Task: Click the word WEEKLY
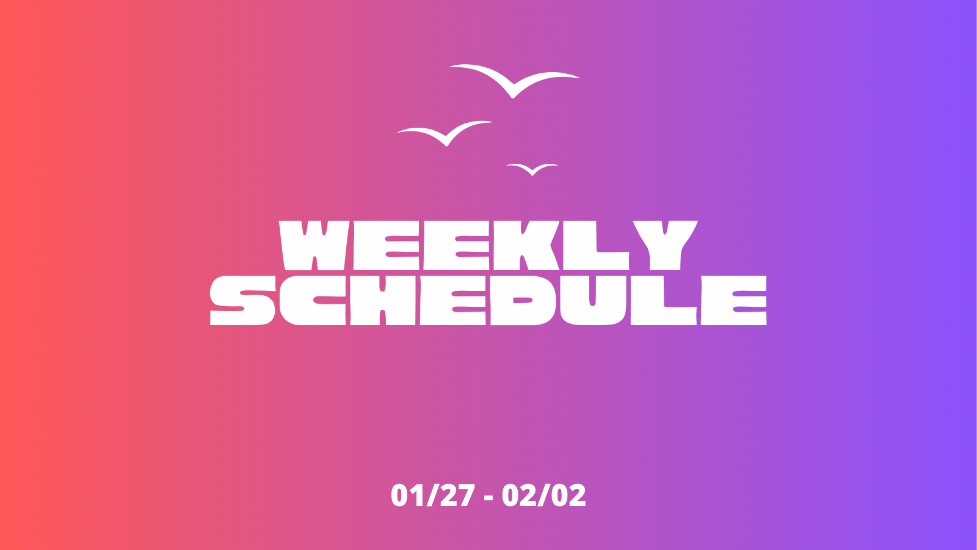click(x=488, y=245)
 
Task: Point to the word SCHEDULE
click(x=488, y=300)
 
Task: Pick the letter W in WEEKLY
click(x=314, y=245)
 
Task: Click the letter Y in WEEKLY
click(x=665, y=245)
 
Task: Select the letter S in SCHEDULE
click(x=242, y=300)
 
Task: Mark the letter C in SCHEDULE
click(x=312, y=300)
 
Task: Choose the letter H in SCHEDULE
click(x=382, y=300)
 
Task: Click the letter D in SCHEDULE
click(x=523, y=300)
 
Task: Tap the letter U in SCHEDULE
click(x=594, y=300)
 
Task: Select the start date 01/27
click(x=433, y=496)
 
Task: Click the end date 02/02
click(x=544, y=496)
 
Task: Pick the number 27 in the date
click(x=457, y=496)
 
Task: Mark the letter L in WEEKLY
click(x=596, y=245)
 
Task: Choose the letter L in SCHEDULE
click(x=663, y=300)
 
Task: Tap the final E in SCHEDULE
click(x=733, y=300)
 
